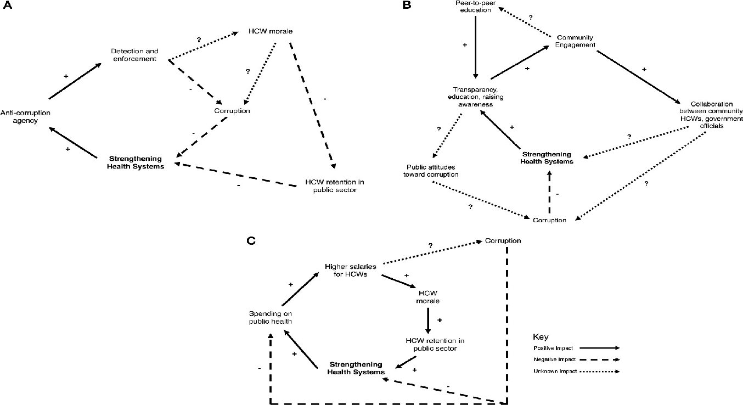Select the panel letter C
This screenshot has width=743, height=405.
(x=251, y=241)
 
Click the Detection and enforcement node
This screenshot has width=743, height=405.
(x=134, y=55)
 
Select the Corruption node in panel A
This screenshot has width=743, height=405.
(x=232, y=111)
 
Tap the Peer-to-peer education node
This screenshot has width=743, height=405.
(x=476, y=6)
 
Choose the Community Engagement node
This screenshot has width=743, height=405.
(x=572, y=41)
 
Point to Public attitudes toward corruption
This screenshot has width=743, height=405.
(x=432, y=171)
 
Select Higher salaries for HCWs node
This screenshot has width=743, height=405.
(x=350, y=269)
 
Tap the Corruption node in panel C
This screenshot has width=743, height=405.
(x=502, y=241)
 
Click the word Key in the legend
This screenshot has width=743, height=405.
(x=539, y=336)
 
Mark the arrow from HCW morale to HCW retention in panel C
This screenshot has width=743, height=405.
(x=428, y=320)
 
